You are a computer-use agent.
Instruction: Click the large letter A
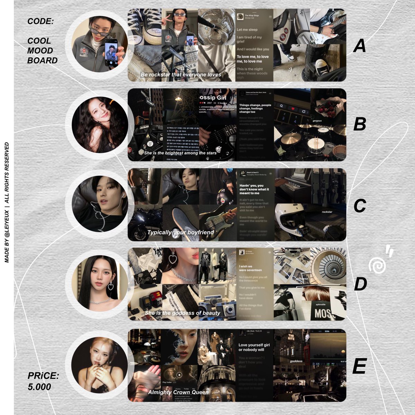pos(360,46)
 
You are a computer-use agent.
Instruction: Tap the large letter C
pos(360,206)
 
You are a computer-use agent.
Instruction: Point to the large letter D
pos(360,284)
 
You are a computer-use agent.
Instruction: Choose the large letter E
pos(359,366)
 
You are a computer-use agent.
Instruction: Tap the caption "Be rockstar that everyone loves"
pos(181,75)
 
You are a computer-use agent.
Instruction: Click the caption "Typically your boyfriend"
pos(181,232)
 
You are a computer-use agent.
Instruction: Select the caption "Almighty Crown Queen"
pos(178,392)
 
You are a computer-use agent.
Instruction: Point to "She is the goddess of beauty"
pos(183,313)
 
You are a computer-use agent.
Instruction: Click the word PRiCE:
pos(43,376)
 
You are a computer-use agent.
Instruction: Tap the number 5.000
pos(39,387)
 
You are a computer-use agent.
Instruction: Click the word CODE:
pos(41,21)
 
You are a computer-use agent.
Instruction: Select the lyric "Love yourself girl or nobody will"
pos(254,347)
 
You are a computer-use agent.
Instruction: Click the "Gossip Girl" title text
pos(213,98)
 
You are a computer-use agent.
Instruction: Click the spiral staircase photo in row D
pos(328,266)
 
